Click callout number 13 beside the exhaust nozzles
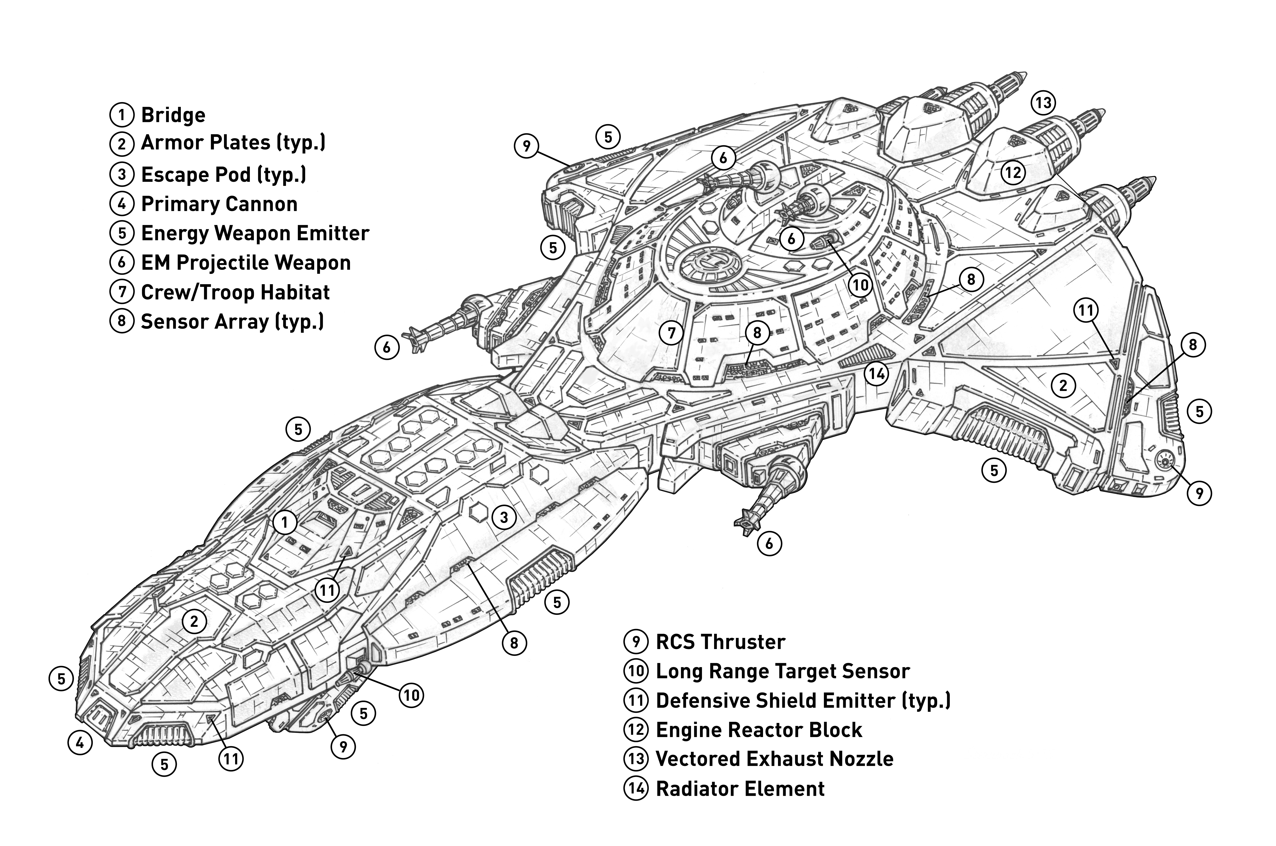[x=1043, y=102]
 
